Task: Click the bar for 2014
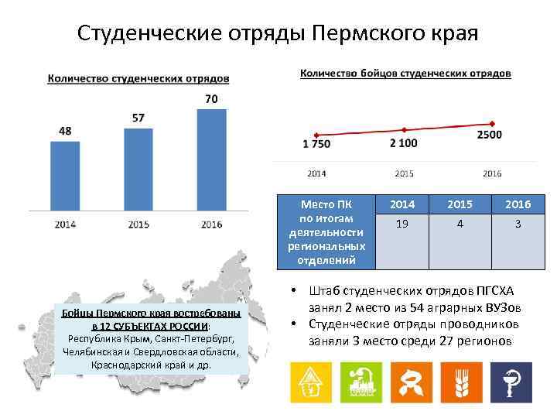65,176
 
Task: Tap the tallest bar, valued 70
211,160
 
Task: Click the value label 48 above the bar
65,132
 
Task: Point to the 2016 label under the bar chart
211,224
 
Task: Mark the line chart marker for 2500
491,124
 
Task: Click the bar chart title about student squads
138,79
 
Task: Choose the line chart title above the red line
405,74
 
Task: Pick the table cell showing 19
402,224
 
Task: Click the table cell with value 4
460,224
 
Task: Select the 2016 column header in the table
518,205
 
